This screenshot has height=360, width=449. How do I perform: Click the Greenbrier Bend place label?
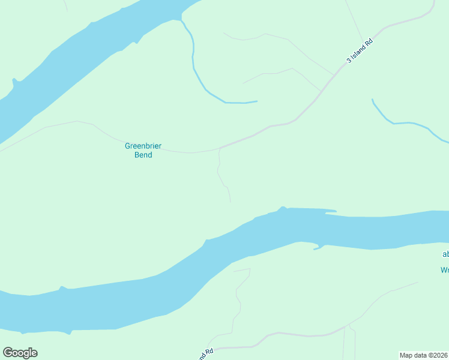(x=143, y=150)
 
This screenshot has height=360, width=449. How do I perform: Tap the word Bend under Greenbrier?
(x=143, y=155)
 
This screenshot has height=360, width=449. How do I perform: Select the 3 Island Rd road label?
(x=360, y=52)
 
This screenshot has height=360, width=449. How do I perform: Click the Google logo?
(x=20, y=353)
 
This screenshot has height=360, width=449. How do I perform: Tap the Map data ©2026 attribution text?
(x=424, y=355)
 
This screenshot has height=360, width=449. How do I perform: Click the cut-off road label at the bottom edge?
(x=206, y=355)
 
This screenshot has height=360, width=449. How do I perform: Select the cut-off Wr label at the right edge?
(x=444, y=270)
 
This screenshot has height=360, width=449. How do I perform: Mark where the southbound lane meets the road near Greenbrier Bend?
(x=220, y=148)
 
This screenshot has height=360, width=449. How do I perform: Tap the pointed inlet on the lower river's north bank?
(x=282, y=208)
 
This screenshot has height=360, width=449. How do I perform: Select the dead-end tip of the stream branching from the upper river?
(x=257, y=101)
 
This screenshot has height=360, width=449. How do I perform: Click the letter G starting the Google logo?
(x=8, y=353)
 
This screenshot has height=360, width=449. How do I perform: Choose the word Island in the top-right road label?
(x=361, y=51)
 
